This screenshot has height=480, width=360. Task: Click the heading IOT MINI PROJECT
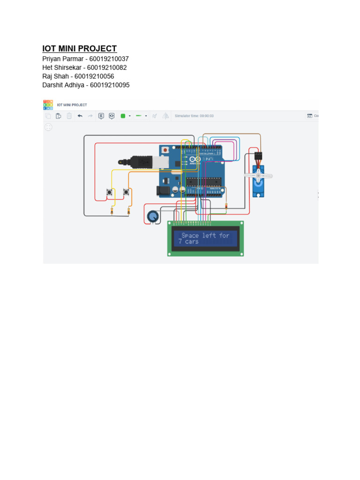pos(80,49)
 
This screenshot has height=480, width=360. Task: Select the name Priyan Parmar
pos(62,59)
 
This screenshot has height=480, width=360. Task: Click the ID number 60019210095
pos(110,85)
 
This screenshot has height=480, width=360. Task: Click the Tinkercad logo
pos(48,105)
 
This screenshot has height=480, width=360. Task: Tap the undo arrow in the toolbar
pos(80,116)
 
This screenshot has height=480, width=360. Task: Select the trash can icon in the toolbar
pos(69,116)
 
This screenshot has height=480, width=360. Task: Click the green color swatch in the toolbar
pos(123,116)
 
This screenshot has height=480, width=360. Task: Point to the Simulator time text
pos(194,116)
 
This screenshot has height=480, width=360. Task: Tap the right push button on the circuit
pos(126,192)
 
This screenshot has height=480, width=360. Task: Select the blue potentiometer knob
pos(153,217)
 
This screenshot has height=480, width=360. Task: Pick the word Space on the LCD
pos(190,235)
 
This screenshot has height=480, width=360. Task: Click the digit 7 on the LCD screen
pos(180,242)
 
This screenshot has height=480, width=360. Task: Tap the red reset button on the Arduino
pos(165,150)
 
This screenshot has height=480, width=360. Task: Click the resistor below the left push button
pos(112,211)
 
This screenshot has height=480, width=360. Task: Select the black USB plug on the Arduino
pos(141,162)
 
